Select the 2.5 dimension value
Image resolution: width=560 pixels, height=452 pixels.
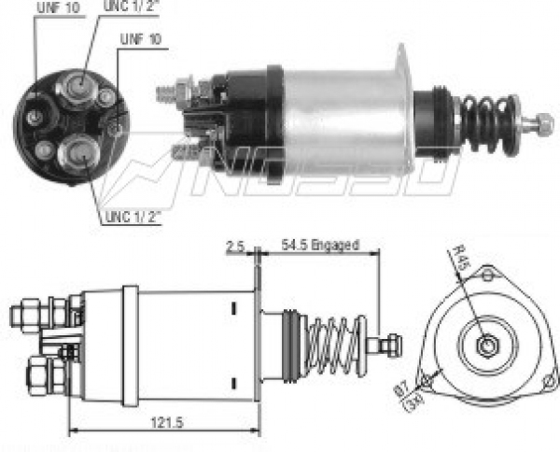235,247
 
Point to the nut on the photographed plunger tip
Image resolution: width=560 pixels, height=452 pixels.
542,121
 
